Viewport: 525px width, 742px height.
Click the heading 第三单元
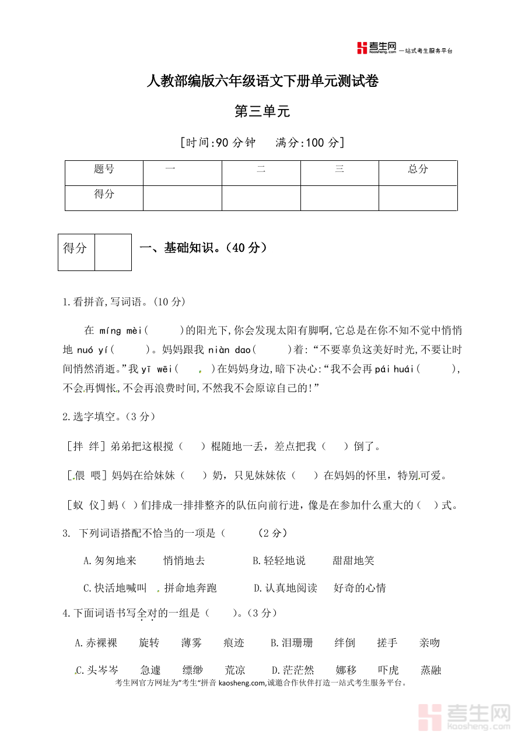[x=262, y=111]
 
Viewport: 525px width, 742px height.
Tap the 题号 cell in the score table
[x=104, y=169]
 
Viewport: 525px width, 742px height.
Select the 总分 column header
[x=418, y=169]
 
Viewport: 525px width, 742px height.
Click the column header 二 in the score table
[x=261, y=169]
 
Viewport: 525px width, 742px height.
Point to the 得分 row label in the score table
[x=104, y=194]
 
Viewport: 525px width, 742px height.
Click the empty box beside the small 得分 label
[x=113, y=252]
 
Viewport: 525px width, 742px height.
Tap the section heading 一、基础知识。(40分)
[x=204, y=248]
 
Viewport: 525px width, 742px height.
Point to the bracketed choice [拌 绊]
[x=86, y=446]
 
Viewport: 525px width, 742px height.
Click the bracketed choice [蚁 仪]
[x=86, y=505]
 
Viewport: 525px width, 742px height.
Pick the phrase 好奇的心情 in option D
[x=359, y=588]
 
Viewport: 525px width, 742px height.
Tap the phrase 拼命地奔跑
[x=190, y=588]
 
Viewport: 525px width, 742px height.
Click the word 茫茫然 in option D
[x=299, y=670]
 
